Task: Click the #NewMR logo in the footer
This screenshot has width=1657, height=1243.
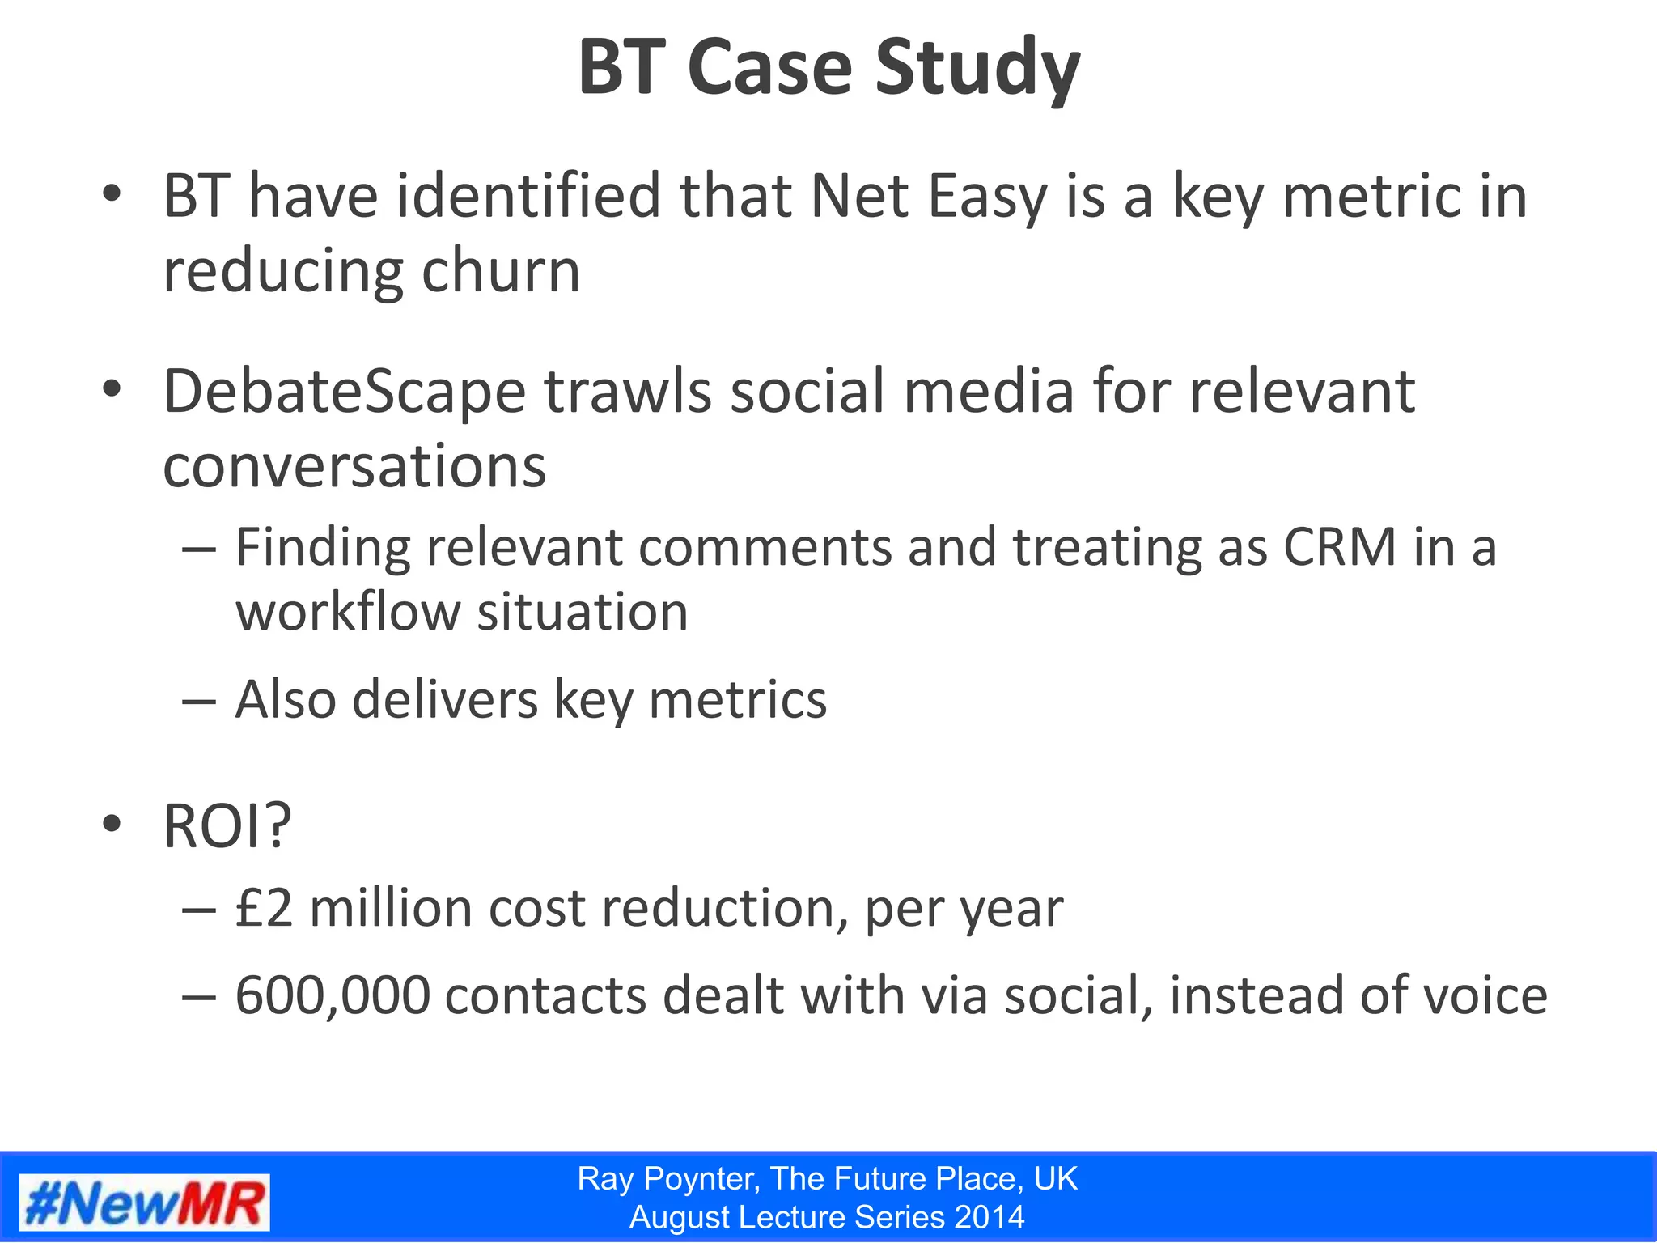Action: pos(145,1202)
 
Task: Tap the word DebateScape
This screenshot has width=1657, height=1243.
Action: pos(345,392)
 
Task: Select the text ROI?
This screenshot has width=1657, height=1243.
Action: pos(227,826)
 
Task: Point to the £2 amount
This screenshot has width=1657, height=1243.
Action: pos(264,908)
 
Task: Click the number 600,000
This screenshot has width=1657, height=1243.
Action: pos(333,995)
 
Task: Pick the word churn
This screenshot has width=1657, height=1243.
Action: pos(501,271)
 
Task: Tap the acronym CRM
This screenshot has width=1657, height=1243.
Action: pos(1340,547)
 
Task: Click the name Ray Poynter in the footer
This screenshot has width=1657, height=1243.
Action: pos(668,1179)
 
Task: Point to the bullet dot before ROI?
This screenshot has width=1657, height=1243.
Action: pos(112,825)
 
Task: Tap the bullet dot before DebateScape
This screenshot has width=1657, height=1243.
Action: pos(112,389)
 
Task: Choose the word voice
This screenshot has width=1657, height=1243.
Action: pos(1485,995)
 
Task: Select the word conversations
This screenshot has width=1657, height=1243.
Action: pos(354,467)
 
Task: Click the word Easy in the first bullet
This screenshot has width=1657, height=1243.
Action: pos(987,198)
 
